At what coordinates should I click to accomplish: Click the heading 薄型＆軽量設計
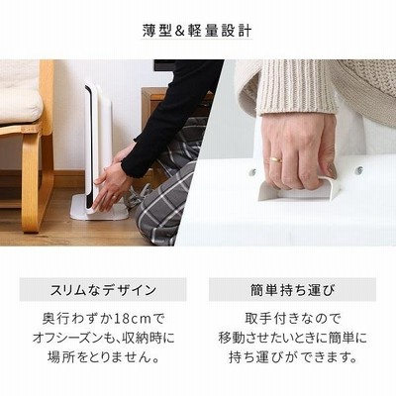[x=197, y=31]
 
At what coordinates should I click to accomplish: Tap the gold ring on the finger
[x=276, y=159]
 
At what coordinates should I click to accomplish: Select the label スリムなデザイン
[x=103, y=290]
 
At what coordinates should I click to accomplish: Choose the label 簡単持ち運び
[x=292, y=290]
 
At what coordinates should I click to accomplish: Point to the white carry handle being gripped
[x=299, y=189]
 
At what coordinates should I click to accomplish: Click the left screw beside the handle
[x=252, y=171]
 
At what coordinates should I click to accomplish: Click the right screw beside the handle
[x=360, y=169]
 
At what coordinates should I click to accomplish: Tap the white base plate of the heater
[x=99, y=209]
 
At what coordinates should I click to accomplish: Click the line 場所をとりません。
[x=103, y=357]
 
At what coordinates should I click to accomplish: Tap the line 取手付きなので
[x=292, y=319]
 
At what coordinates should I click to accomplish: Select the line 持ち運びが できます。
[x=293, y=357]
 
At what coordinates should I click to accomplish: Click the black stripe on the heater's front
[x=88, y=147]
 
